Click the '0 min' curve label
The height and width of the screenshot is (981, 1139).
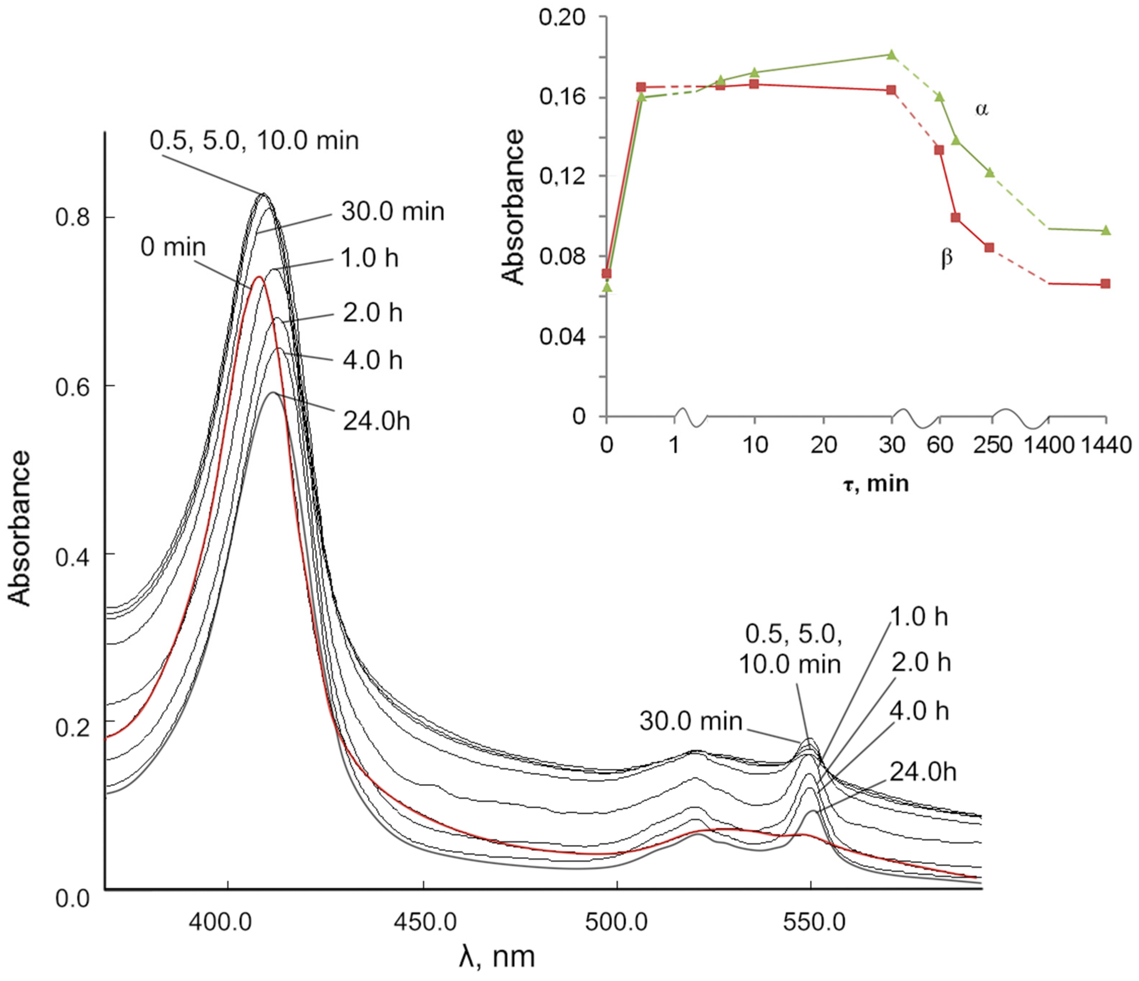[x=172, y=247]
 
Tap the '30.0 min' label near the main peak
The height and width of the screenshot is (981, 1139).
[x=392, y=212]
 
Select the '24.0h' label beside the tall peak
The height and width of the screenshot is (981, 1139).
[x=376, y=422]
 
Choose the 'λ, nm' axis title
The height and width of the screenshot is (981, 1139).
[x=496, y=957]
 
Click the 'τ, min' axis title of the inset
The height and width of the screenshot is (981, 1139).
[x=876, y=484]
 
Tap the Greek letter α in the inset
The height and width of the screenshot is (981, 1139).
[x=981, y=109]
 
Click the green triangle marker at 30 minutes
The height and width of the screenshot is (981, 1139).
[x=892, y=54]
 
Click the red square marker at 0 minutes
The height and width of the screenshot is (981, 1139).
[x=607, y=273]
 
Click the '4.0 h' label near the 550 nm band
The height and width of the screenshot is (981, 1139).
[x=919, y=711]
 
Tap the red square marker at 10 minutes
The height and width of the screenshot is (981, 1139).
[x=754, y=84]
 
